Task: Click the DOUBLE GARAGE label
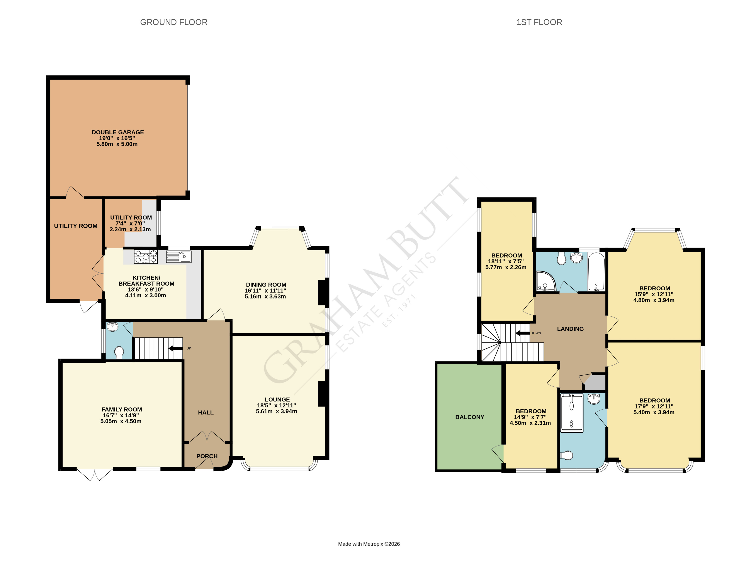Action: coord(118,132)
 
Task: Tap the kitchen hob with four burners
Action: coord(146,257)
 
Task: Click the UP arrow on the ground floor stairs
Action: coord(176,349)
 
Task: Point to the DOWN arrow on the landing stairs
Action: coord(523,333)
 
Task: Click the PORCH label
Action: coord(207,456)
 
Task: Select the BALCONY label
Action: coord(469,417)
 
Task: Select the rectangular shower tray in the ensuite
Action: coord(572,413)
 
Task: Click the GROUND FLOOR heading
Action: coord(174,22)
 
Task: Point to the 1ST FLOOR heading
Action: coord(539,22)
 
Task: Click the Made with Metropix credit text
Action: coord(369,544)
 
